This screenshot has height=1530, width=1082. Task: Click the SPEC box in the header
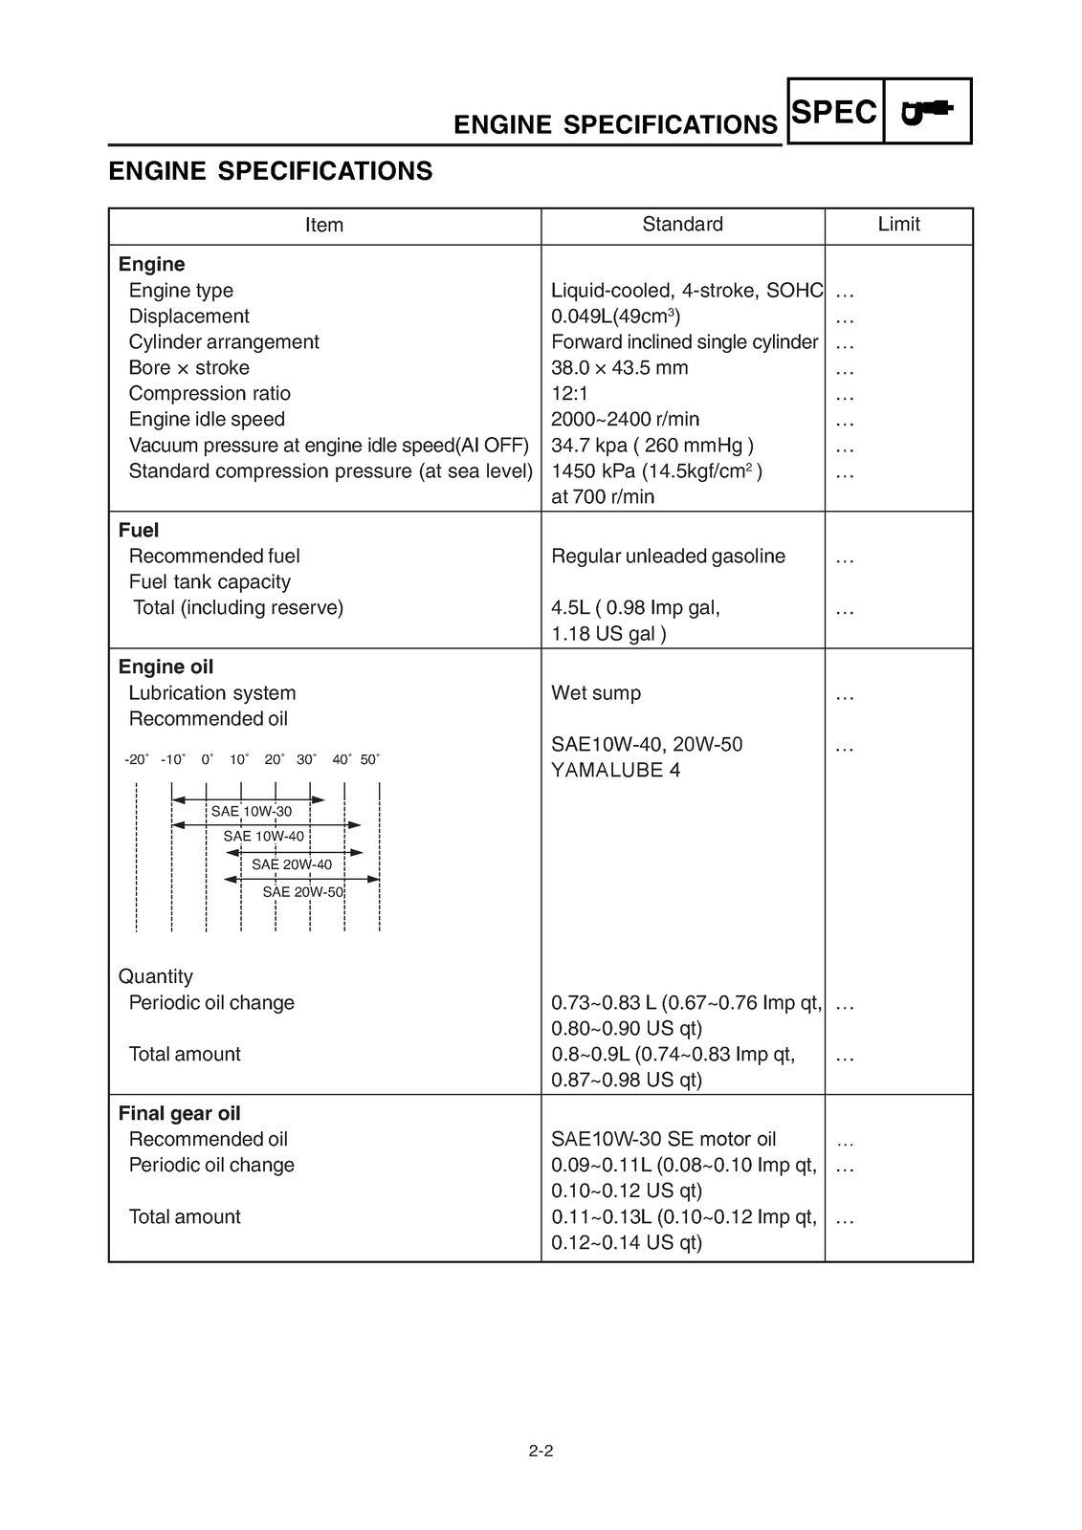834,112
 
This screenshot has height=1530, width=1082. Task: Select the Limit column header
898,225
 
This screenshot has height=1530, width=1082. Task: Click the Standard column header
682,225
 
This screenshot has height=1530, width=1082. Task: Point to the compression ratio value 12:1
571,394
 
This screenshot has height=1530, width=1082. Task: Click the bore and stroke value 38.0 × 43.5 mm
619,368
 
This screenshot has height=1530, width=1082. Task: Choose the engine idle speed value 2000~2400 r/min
625,420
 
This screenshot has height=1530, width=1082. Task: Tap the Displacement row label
188,317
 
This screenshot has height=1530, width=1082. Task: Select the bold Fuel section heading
139,531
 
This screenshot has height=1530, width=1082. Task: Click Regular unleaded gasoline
668,557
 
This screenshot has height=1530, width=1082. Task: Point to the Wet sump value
596,693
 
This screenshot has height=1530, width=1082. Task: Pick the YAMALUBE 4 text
615,771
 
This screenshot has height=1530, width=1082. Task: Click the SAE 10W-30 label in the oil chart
252,812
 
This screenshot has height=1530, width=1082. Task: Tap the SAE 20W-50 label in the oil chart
303,892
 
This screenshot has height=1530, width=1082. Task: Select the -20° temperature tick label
136,759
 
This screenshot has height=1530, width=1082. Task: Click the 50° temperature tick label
370,759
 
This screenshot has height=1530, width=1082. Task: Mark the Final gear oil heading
179,1114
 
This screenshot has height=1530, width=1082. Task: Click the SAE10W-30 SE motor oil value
663,1140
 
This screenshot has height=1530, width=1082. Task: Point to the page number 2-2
541,1451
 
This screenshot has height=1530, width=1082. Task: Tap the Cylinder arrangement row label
224,342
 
